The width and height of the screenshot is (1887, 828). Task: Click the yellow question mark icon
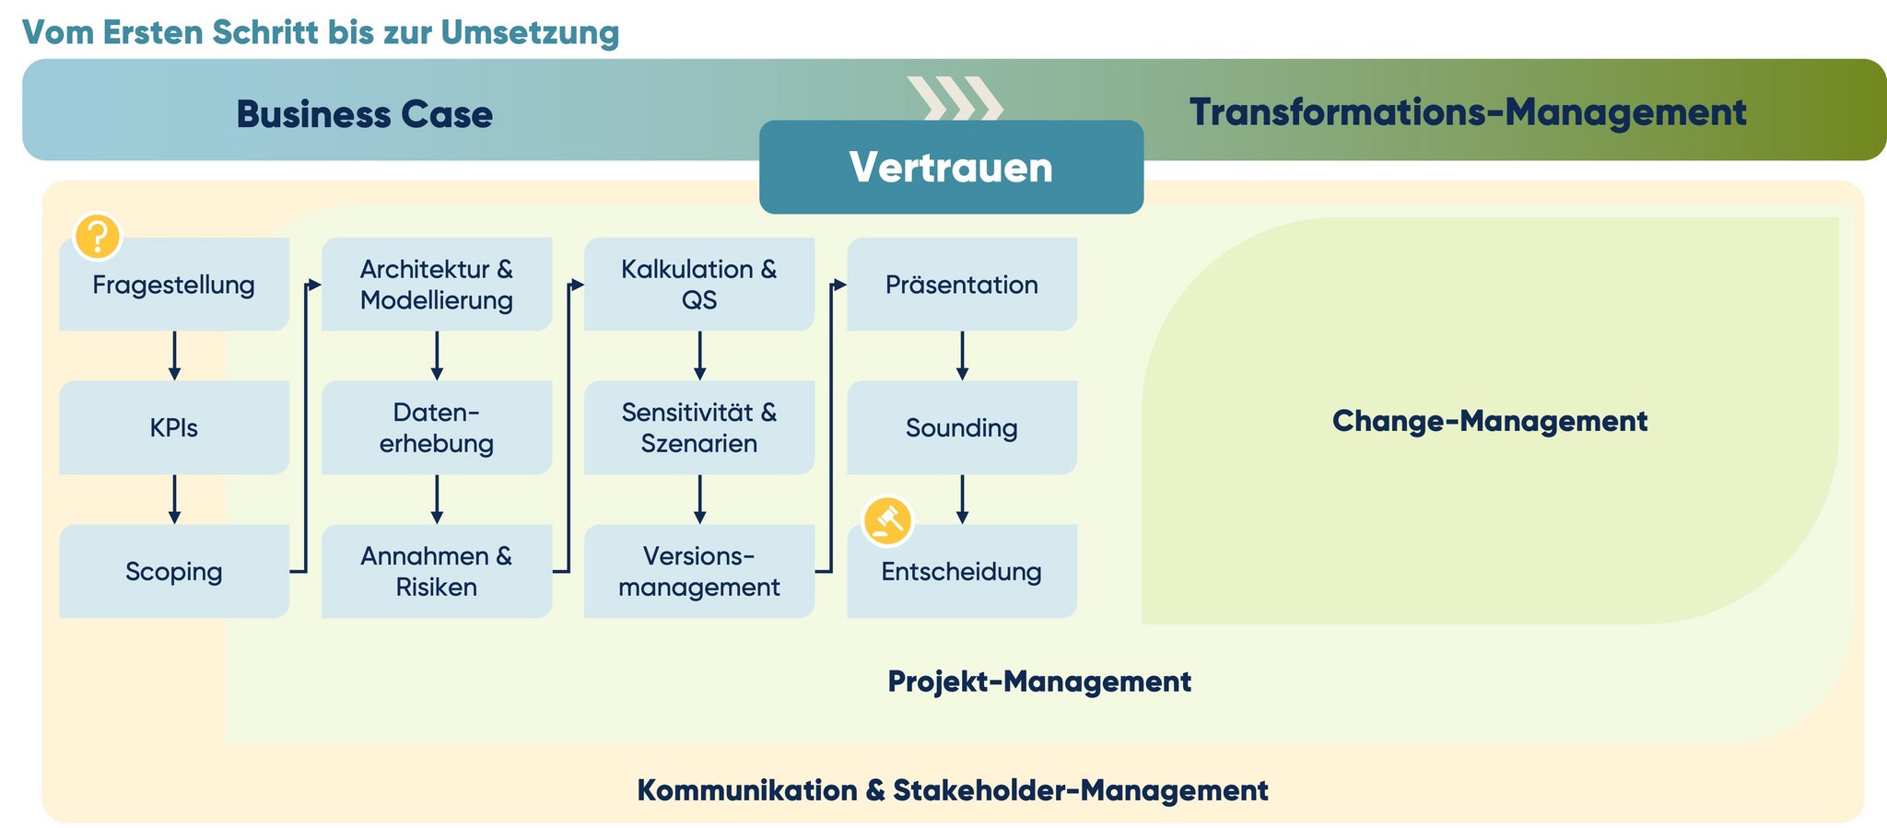pyautogui.click(x=97, y=237)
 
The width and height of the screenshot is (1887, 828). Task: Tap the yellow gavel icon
pyautogui.click(x=887, y=520)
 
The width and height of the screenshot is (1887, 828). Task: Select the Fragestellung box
pyautogui.click(x=174, y=285)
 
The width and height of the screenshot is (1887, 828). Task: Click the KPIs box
pyautogui.click(x=174, y=427)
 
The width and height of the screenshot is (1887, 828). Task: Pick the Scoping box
pyautogui.click(x=174, y=571)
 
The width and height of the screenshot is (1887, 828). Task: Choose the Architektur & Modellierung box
pyautogui.click(x=437, y=285)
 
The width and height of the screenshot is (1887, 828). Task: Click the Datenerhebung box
pyautogui.click(x=437, y=427)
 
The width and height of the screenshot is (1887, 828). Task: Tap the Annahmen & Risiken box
pyautogui.click(x=437, y=571)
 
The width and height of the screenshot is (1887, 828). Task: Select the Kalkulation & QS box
pyautogui.click(x=699, y=285)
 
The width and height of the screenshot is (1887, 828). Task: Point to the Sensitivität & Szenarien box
pyautogui.click(x=699, y=427)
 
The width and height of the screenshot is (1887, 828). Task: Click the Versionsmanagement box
pyautogui.click(x=699, y=571)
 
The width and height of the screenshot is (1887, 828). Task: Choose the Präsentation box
pyautogui.click(x=962, y=285)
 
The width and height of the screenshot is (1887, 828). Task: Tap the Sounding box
pyautogui.click(x=962, y=427)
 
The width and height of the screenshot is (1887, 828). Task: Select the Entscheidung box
pyautogui.click(x=962, y=573)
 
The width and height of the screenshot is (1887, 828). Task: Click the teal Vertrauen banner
pyautogui.click(x=951, y=168)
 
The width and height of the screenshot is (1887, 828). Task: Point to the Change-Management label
pyautogui.click(x=1490, y=421)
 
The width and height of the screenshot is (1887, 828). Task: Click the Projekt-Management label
pyautogui.click(x=1039, y=682)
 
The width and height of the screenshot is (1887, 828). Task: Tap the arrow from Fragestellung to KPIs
pyautogui.click(x=174, y=356)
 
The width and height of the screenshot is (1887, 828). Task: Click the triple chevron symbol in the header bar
pyautogui.click(x=955, y=99)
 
